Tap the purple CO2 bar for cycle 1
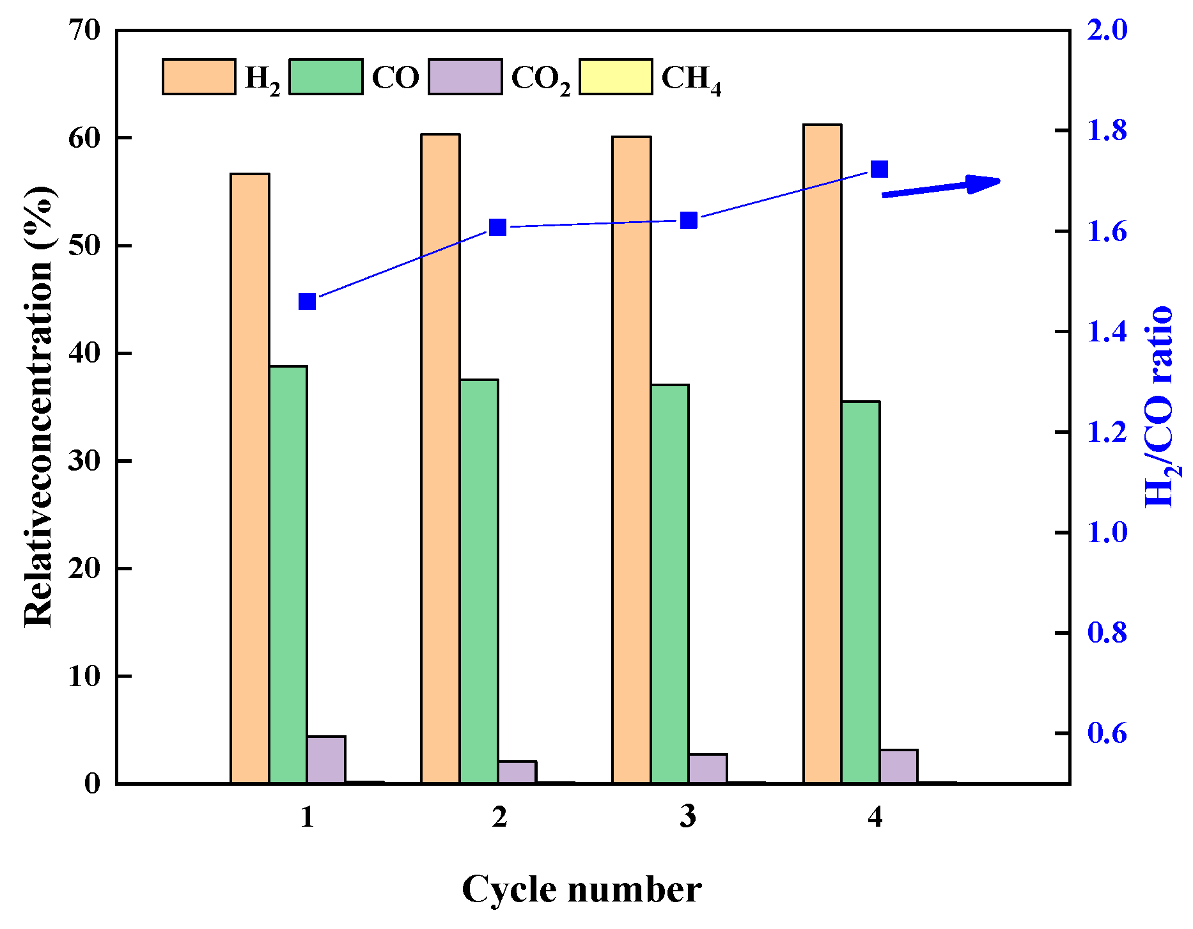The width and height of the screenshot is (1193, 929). (326, 760)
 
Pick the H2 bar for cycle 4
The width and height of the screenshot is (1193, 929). (822, 453)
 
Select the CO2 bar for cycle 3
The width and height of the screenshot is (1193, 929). (708, 769)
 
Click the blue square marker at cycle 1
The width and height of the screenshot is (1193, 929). (308, 302)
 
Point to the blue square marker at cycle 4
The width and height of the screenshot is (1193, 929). (880, 169)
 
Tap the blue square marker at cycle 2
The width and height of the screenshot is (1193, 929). (497, 227)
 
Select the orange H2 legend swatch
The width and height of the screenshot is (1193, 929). (199, 77)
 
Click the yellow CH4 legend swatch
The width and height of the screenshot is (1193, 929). (616, 77)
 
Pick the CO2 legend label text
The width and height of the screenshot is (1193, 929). (540, 79)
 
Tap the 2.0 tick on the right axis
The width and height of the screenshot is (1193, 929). (1107, 30)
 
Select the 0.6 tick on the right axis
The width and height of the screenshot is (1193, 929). (1107, 733)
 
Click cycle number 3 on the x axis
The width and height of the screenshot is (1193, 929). (688, 816)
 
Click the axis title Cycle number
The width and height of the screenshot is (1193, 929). (581, 889)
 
